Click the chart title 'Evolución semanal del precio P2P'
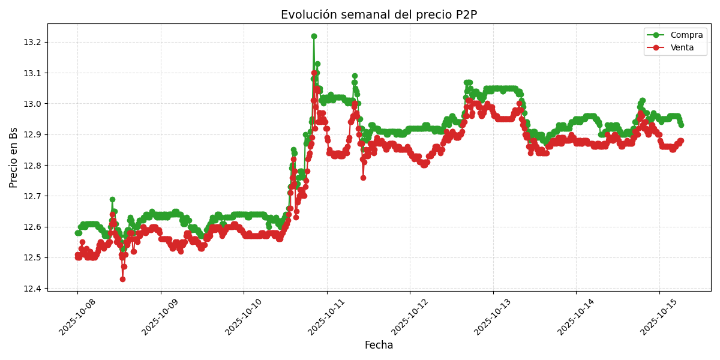[x=379, y=15]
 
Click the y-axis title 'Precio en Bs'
[x=14, y=157]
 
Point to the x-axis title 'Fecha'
[x=379, y=346]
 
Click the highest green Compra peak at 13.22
[x=314, y=36]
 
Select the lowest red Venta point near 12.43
[x=122, y=279]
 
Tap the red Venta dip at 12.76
[x=363, y=178]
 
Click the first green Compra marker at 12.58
[x=77, y=233]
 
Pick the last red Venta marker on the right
[x=680, y=140]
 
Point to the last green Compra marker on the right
[x=680, y=125]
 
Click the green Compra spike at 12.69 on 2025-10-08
[x=112, y=199]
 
